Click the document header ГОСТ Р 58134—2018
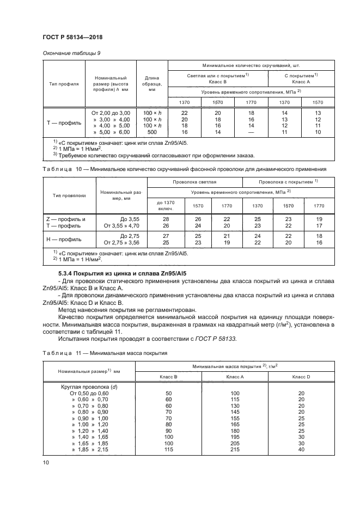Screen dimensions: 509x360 tap(72, 36)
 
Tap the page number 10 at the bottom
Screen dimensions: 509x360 tap(46, 462)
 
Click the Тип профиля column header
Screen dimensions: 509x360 tap(64, 84)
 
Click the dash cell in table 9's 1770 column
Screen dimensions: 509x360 tap(251, 132)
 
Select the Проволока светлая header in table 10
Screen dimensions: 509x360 tap(194, 181)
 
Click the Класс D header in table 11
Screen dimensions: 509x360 tap(301, 377)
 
